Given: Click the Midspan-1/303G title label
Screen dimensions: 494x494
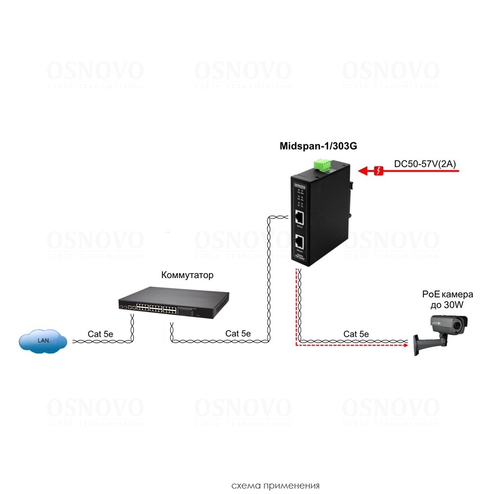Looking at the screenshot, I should [318, 146].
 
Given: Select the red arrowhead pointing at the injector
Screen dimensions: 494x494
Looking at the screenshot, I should [364, 171].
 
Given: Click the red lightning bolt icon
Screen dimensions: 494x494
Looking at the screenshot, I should [379, 171].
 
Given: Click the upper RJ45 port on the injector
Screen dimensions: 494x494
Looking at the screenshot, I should [299, 217].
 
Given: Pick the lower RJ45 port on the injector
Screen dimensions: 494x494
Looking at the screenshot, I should [299, 242].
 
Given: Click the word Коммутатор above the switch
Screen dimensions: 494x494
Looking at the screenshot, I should [187, 275].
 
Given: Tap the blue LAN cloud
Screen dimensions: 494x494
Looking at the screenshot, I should [43, 340].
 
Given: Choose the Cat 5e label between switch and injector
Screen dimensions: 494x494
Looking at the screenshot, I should [238, 333].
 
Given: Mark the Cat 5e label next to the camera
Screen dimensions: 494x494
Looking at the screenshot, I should [356, 334].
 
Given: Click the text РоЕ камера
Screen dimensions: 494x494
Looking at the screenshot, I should [448, 295].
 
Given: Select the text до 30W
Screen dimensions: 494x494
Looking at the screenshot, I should [448, 305].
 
